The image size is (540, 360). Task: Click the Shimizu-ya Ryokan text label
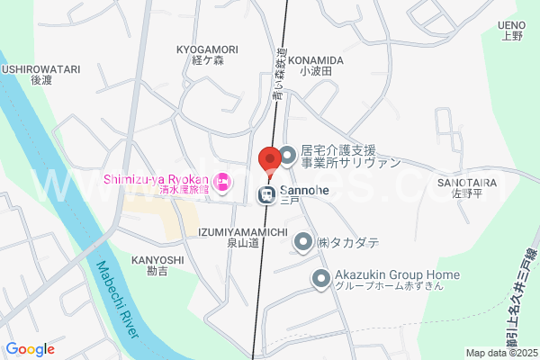(x=156, y=178)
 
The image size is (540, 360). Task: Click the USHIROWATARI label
(x=41, y=68)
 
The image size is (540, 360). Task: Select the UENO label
(x=511, y=25)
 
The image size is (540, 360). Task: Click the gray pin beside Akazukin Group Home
(x=320, y=280)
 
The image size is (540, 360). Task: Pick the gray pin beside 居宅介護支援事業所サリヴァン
(x=287, y=157)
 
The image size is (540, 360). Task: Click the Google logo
(x=30, y=349)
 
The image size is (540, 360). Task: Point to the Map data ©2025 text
(x=500, y=353)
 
